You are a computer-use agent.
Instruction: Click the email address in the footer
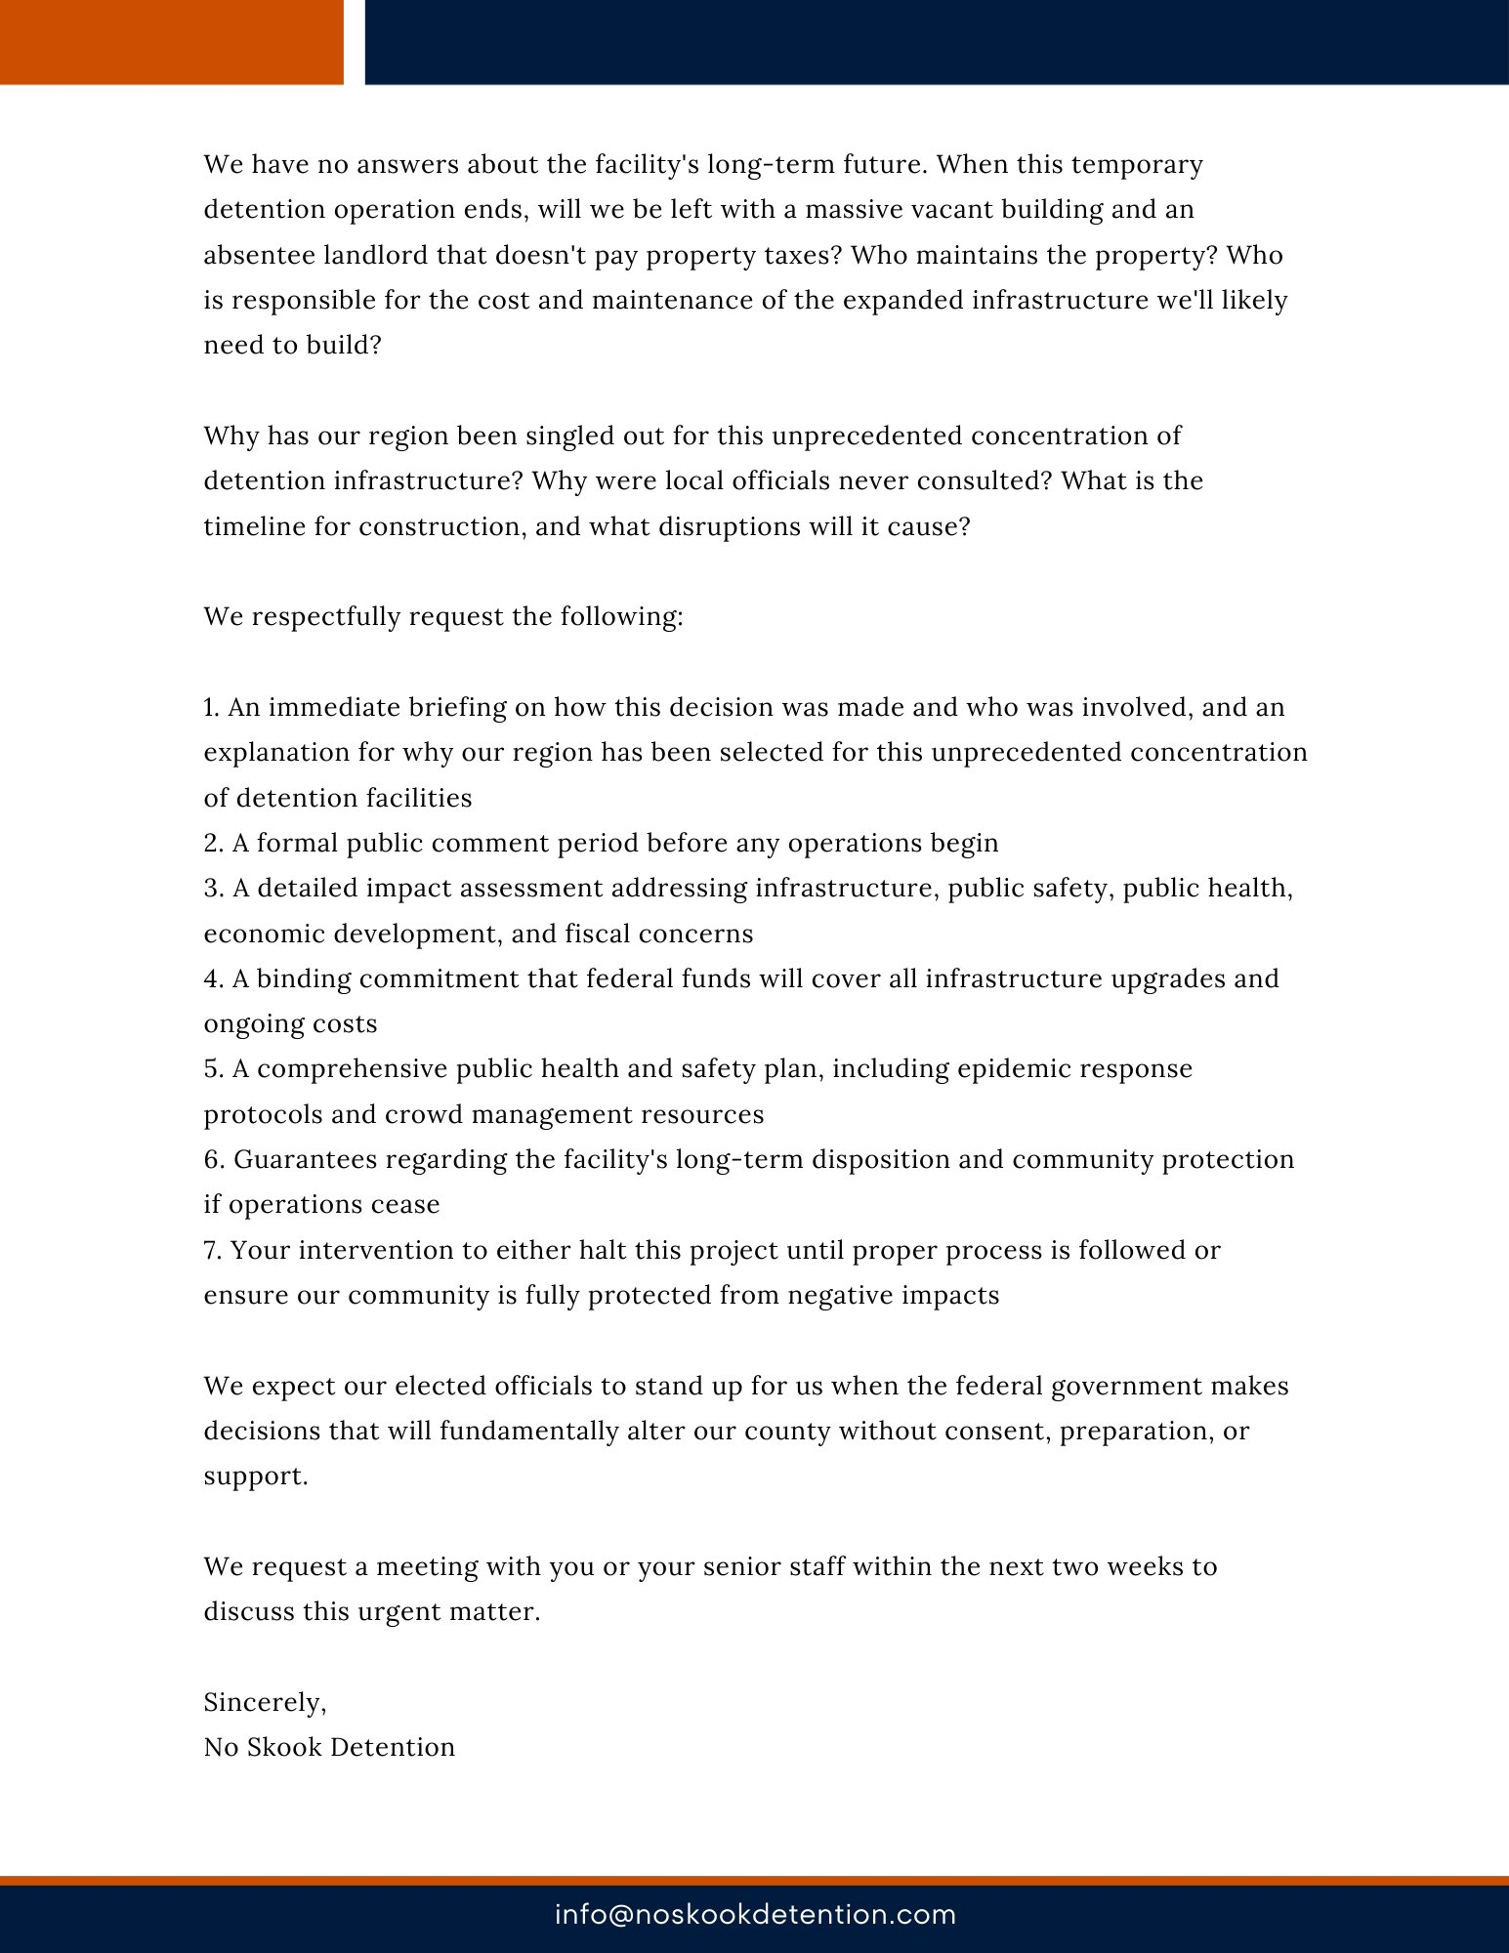tap(755, 1914)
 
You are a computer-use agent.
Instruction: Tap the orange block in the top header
tap(171, 42)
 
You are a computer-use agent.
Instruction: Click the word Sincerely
tap(265, 1702)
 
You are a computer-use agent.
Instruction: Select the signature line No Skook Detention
tap(329, 1747)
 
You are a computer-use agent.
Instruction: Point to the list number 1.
tap(211, 707)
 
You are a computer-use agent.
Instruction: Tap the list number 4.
tap(213, 978)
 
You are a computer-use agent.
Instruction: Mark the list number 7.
tap(213, 1250)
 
